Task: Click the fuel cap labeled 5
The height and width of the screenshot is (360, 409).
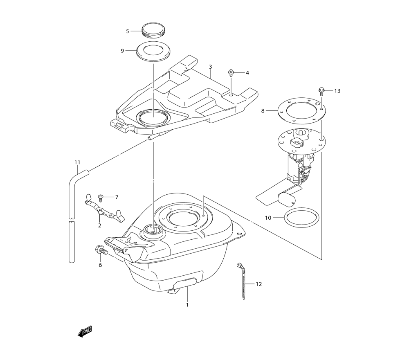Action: (153, 31)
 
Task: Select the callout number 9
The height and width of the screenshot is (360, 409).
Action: (122, 51)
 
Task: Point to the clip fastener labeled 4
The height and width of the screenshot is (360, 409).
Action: (232, 74)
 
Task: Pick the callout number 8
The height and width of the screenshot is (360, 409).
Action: (263, 110)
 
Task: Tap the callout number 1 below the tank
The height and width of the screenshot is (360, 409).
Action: (187, 305)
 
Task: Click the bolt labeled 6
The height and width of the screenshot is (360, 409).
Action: (100, 250)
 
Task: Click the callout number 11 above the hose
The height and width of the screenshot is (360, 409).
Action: (77, 162)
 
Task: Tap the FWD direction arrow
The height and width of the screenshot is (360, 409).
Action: (85, 332)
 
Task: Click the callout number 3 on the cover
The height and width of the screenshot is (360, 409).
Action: (210, 67)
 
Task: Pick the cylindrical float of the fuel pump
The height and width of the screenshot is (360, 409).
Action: (287, 200)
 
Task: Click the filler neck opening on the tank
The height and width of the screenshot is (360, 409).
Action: (153, 232)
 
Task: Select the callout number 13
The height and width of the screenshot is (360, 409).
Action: (337, 91)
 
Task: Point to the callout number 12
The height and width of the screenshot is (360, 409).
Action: (258, 284)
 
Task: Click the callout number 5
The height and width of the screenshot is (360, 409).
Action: (127, 31)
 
